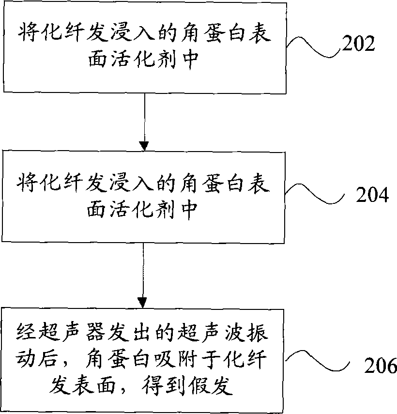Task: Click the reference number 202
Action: (358, 44)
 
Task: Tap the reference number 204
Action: (372, 195)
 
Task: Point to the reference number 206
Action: (381, 366)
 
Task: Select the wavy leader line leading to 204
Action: (315, 194)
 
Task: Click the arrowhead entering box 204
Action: (144, 146)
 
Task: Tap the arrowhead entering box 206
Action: (142, 302)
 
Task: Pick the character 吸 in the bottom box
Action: (165, 358)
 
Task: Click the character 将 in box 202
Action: (29, 32)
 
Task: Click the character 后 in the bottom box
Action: (49, 358)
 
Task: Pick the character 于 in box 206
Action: (211, 358)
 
